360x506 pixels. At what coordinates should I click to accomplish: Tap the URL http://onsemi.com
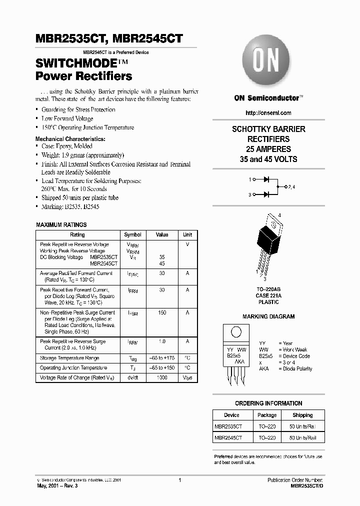[x=268, y=113]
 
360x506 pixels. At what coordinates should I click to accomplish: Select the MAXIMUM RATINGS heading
[x=61, y=225]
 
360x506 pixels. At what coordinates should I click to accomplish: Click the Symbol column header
[x=132, y=234]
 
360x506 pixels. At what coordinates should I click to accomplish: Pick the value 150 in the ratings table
[x=162, y=313]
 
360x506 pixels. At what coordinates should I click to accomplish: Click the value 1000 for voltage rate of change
[x=162, y=378]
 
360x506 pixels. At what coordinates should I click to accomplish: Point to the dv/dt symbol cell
[x=132, y=378]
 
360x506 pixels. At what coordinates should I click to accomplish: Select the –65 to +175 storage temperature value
[x=162, y=358]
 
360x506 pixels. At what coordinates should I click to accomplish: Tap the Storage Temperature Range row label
[x=69, y=358]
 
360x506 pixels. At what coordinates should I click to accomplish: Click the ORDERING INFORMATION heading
[x=268, y=403]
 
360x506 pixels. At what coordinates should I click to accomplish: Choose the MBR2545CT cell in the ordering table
[x=228, y=437]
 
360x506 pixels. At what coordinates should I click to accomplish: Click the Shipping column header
[x=302, y=415]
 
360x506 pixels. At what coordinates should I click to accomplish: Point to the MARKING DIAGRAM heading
[x=268, y=316]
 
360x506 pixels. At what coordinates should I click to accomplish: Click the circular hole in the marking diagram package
[x=236, y=332]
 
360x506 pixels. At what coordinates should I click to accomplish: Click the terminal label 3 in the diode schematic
[x=249, y=195]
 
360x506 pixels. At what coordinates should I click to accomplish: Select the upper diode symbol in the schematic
[x=266, y=178]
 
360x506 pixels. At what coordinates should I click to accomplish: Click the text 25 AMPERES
[x=268, y=149]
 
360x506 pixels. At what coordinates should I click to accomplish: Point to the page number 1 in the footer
[x=179, y=480]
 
